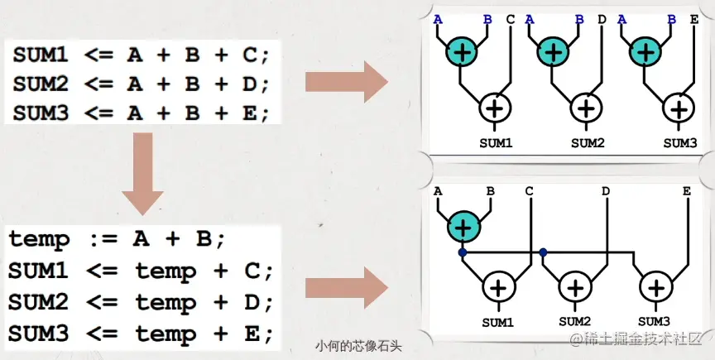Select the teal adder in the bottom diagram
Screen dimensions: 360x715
(463, 225)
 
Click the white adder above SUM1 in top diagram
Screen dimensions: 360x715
(496, 107)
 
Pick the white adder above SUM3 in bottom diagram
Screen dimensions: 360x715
(656, 287)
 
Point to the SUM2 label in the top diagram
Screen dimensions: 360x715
(588, 143)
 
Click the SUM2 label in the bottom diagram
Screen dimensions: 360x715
(574, 321)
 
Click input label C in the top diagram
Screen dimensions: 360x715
(510, 18)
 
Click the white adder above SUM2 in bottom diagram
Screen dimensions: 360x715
(574, 287)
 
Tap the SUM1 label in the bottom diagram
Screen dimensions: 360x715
(497, 321)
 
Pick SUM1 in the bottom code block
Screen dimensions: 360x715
(40, 271)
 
